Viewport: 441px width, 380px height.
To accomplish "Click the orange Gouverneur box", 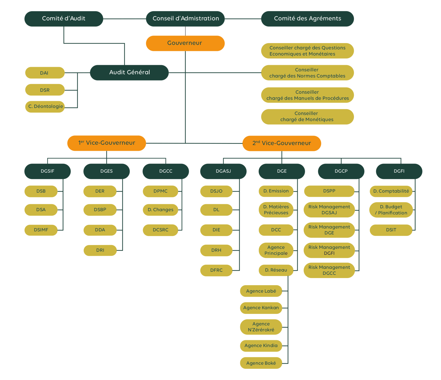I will (185, 43).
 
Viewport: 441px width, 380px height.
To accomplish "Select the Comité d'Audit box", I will (64, 19).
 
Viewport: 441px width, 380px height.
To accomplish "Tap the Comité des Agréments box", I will (307, 19).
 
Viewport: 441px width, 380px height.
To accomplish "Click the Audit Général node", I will (129, 72).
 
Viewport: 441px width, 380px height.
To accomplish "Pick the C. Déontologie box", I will (45, 107).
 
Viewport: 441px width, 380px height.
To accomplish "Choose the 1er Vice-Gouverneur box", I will (107, 143).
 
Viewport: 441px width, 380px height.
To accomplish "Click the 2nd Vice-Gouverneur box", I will (282, 143).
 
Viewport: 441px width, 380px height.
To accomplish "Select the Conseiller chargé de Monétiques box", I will (307, 117).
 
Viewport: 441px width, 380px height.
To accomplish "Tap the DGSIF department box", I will (47, 171).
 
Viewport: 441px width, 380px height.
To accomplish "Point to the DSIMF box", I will (41, 230).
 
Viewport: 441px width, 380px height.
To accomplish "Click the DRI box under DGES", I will (100, 250).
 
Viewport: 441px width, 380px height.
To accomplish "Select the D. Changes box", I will (160, 210).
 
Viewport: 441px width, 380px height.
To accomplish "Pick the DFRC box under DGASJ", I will (216, 270).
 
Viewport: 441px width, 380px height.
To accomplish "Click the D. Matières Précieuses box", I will (276, 210).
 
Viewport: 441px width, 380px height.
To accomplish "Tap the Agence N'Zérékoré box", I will (261, 327).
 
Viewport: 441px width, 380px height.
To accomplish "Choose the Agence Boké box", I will (261, 363).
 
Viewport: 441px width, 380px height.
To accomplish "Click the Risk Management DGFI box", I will (329, 250).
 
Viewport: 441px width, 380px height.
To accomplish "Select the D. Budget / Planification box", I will (391, 210).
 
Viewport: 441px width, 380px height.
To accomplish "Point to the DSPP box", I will (329, 191).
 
